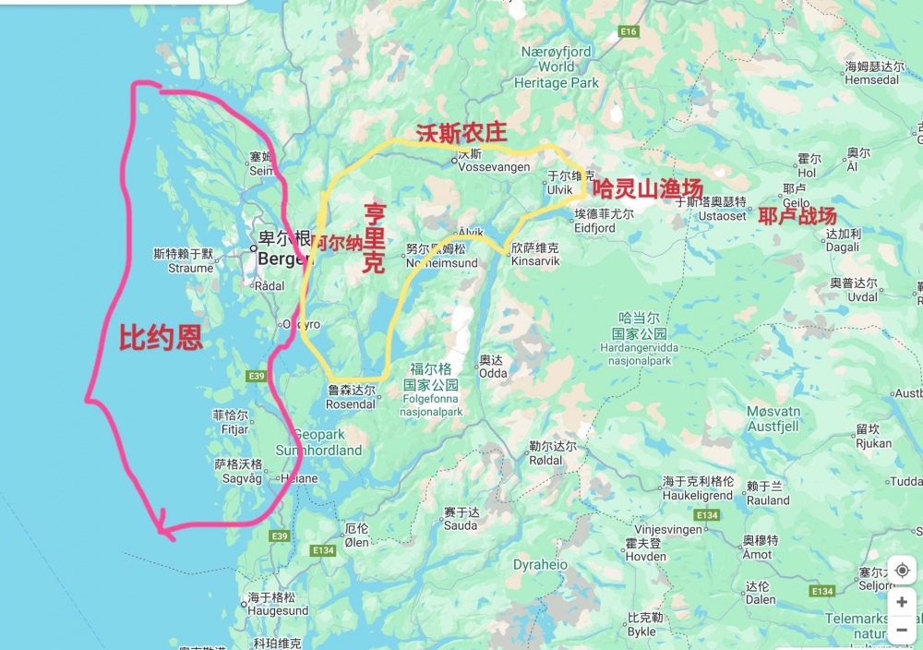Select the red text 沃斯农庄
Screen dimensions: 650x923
(461, 132)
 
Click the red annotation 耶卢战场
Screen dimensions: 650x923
(797, 215)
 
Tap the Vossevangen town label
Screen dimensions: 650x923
(497, 167)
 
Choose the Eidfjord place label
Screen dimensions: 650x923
(593, 227)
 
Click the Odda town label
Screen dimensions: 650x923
(493, 373)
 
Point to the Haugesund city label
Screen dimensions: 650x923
(278, 610)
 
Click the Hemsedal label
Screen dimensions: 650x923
(871, 80)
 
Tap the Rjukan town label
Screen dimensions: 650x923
(873, 443)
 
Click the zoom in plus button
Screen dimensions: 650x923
(902, 602)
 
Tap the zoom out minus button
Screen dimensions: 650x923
(902, 631)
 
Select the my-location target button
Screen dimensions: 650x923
(902, 571)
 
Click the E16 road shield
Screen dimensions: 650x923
(629, 31)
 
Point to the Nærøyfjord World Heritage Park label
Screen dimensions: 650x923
(556, 67)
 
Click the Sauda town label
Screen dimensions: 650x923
(461, 525)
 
